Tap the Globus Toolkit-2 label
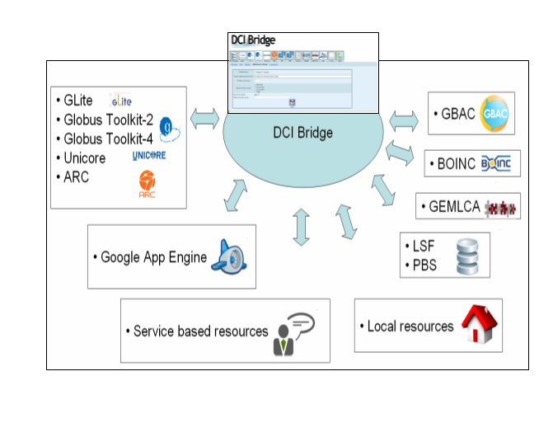point(108,119)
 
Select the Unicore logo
point(150,156)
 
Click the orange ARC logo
point(148,183)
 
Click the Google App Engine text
point(153,257)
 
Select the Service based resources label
point(200,331)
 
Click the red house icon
point(479,323)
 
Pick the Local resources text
point(410,327)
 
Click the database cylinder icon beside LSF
point(467,256)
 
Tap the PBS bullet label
point(426,266)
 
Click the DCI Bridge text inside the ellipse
point(302,132)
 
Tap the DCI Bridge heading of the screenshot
point(254,40)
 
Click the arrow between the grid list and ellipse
point(204,118)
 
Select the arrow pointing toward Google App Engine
point(235,195)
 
